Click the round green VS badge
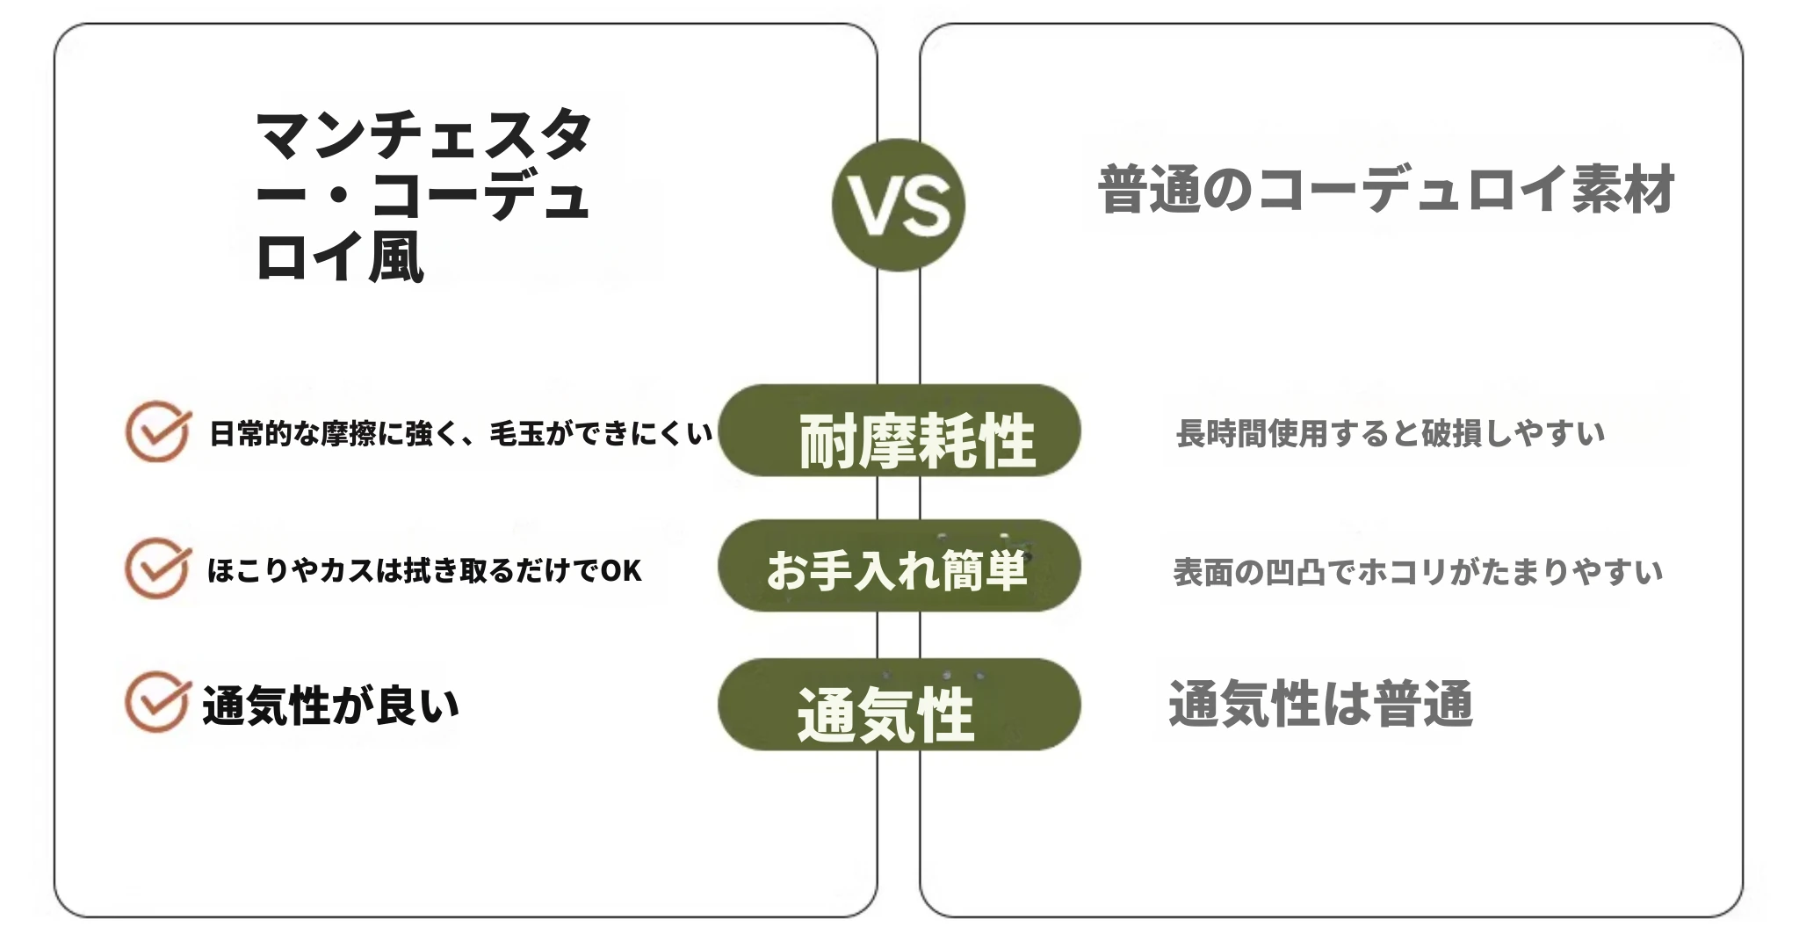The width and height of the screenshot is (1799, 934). pyautogui.click(x=898, y=205)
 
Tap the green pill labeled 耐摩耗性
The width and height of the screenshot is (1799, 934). pyautogui.click(x=899, y=431)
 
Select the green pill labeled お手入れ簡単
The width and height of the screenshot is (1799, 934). pyautogui.click(x=899, y=566)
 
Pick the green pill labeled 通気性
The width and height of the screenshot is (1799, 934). pyautogui.click(x=899, y=704)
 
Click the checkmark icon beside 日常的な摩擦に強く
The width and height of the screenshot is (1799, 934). pyautogui.click(x=158, y=431)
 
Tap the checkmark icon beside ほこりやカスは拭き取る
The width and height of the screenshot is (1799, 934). pyautogui.click(x=158, y=568)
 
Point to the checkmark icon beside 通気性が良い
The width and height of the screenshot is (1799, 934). pyautogui.click(x=158, y=702)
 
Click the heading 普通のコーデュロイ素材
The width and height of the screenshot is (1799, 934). pyautogui.click(x=1387, y=190)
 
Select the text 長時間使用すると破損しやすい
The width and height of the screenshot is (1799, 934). pyautogui.click(x=1391, y=433)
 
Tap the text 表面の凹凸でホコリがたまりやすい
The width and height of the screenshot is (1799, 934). pyautogui.click(x=1418, y=572)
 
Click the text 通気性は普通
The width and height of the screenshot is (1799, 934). pyautogui.click(x=1320, y=704)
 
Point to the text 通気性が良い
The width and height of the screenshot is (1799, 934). pyautogui.click(x=331, y=706)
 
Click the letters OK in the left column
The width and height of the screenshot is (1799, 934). pyautogui.click(x=621, y=571)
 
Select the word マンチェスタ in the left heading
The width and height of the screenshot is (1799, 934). pyautogui.click(x=423, y=134)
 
